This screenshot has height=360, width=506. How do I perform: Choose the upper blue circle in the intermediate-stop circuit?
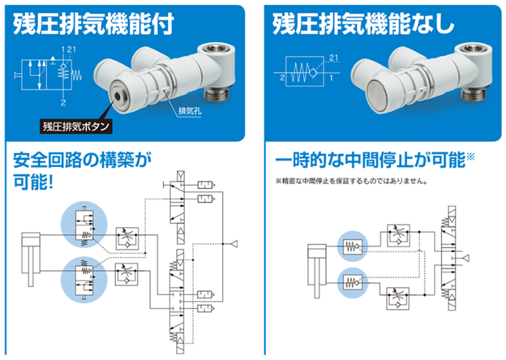coord(350,246)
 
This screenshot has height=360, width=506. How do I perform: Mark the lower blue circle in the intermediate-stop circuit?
coord(350,282)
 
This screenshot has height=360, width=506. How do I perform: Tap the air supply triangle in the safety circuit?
coord(234,243)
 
